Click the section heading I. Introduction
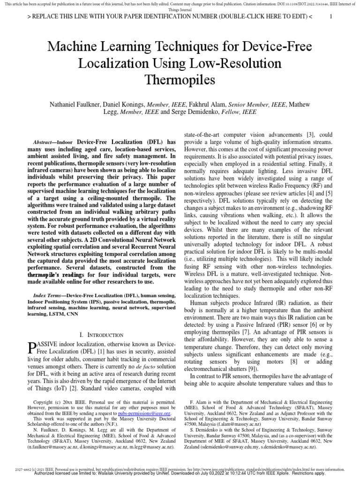click(101, 335)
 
